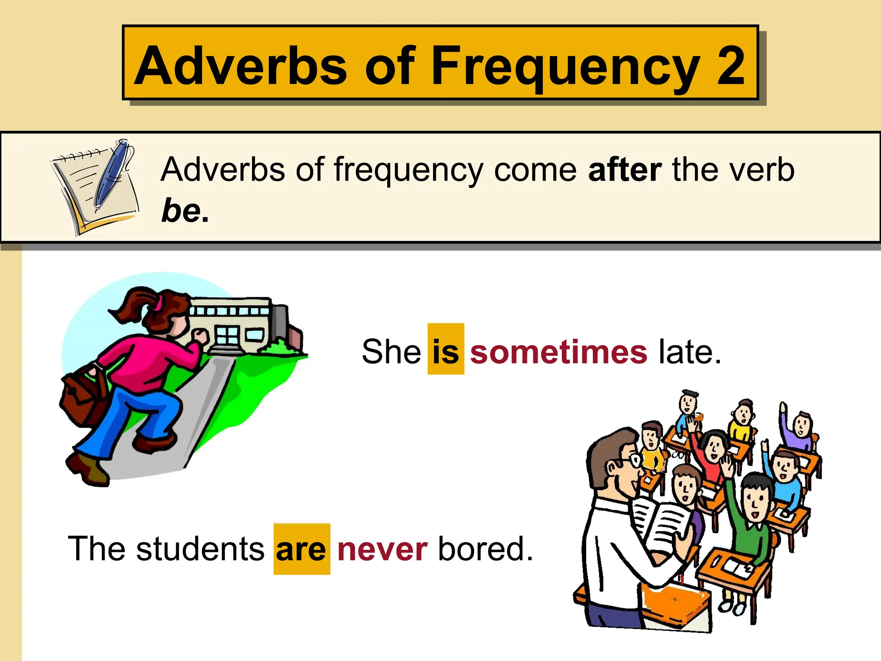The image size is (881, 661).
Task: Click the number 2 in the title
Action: tap(730, 65)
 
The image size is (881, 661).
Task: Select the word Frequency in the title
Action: tap(565, 67)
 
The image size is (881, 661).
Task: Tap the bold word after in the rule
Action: tap(625, 170)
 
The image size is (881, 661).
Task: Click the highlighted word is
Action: tap(446, 351)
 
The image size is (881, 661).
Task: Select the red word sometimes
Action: tap(558, 351)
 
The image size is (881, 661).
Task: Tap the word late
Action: tap(689, 351)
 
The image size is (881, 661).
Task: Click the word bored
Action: tap(485, 549)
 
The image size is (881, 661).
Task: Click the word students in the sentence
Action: tap(200, 549)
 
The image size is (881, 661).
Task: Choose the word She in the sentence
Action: tap(391, 351)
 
